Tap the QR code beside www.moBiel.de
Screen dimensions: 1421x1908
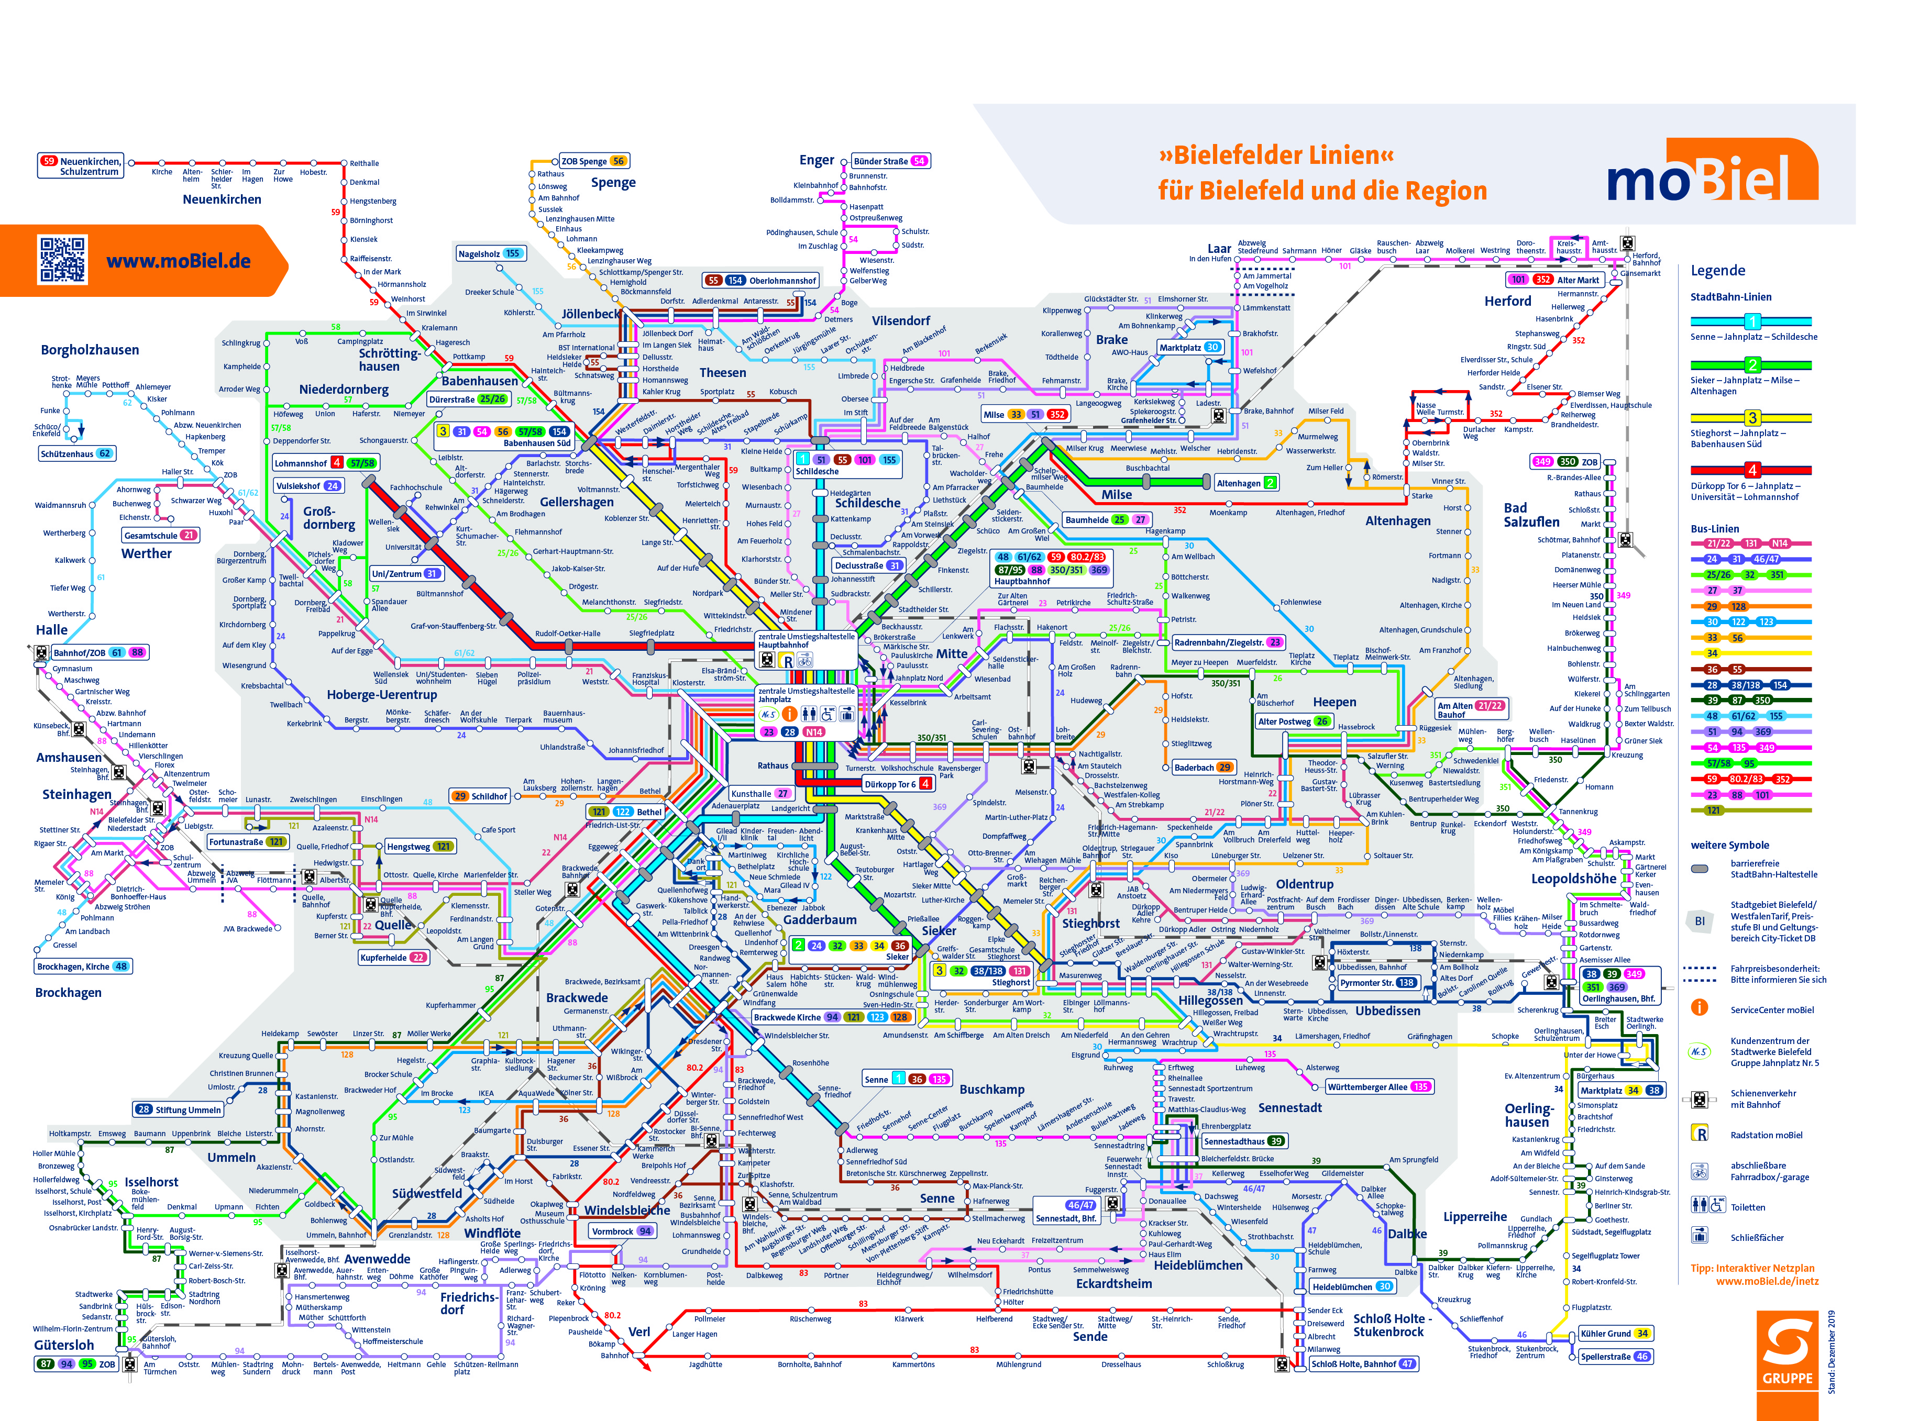[x=62, y=260]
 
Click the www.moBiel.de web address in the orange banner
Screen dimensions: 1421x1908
[x=178, y=261]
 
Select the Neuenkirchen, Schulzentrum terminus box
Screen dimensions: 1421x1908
[x=81, y=166]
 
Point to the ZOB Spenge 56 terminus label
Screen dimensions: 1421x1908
[x=593, y=161]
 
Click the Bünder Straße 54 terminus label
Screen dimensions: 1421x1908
[x=889, y=161]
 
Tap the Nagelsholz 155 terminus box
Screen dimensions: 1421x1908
[x=490, y=254]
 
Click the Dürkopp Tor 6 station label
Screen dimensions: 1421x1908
[x=897, y=784]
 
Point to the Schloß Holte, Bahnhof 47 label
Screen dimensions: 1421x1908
[x=1362, y=1363]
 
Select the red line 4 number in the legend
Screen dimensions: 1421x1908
[x=1751, y=470]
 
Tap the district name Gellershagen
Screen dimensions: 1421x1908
[x=576, y=502]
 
